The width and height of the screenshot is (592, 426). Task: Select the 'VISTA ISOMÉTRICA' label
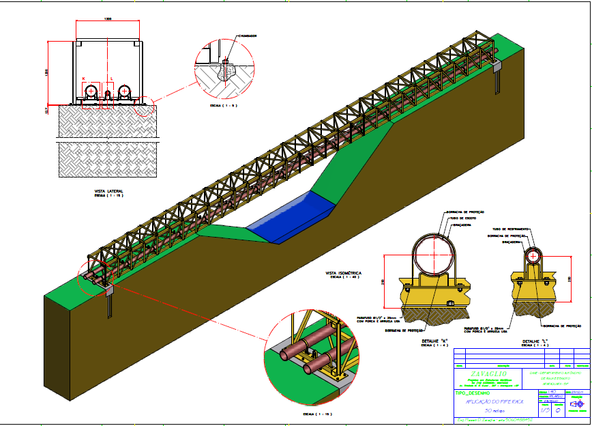click(344, 272)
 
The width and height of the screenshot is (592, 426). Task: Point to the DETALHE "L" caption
click(536, 340)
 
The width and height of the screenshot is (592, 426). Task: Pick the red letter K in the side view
click(83, 79)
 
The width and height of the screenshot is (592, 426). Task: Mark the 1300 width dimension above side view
click(108, 19)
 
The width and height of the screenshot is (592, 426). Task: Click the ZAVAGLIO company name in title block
click(488, 374)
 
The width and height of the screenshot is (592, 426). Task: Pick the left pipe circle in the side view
click(91, 91)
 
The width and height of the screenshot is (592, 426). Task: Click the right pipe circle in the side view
click(125, 91)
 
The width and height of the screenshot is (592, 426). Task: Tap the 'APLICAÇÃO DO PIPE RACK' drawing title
click(488, 403)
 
